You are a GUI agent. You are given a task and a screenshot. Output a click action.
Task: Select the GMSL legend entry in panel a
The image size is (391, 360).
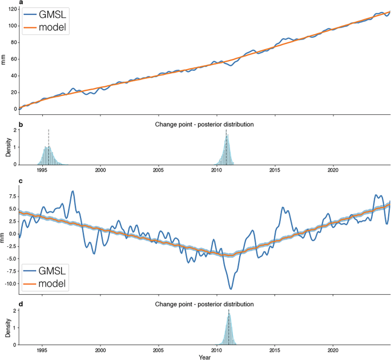click(45, 15)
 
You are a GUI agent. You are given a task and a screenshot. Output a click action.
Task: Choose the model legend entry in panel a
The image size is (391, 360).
click(45, 27)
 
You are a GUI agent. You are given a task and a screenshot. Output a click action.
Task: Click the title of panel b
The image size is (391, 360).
click(204, 124)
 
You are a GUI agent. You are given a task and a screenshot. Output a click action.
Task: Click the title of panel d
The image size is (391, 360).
click(204, 304)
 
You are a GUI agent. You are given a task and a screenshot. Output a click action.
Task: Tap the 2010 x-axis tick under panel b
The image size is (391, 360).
click(217, 170)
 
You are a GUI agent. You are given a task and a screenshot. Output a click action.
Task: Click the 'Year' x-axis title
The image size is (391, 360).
click(204, 357)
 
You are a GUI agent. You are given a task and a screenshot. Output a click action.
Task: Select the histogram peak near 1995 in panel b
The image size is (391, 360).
click(49, 147)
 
